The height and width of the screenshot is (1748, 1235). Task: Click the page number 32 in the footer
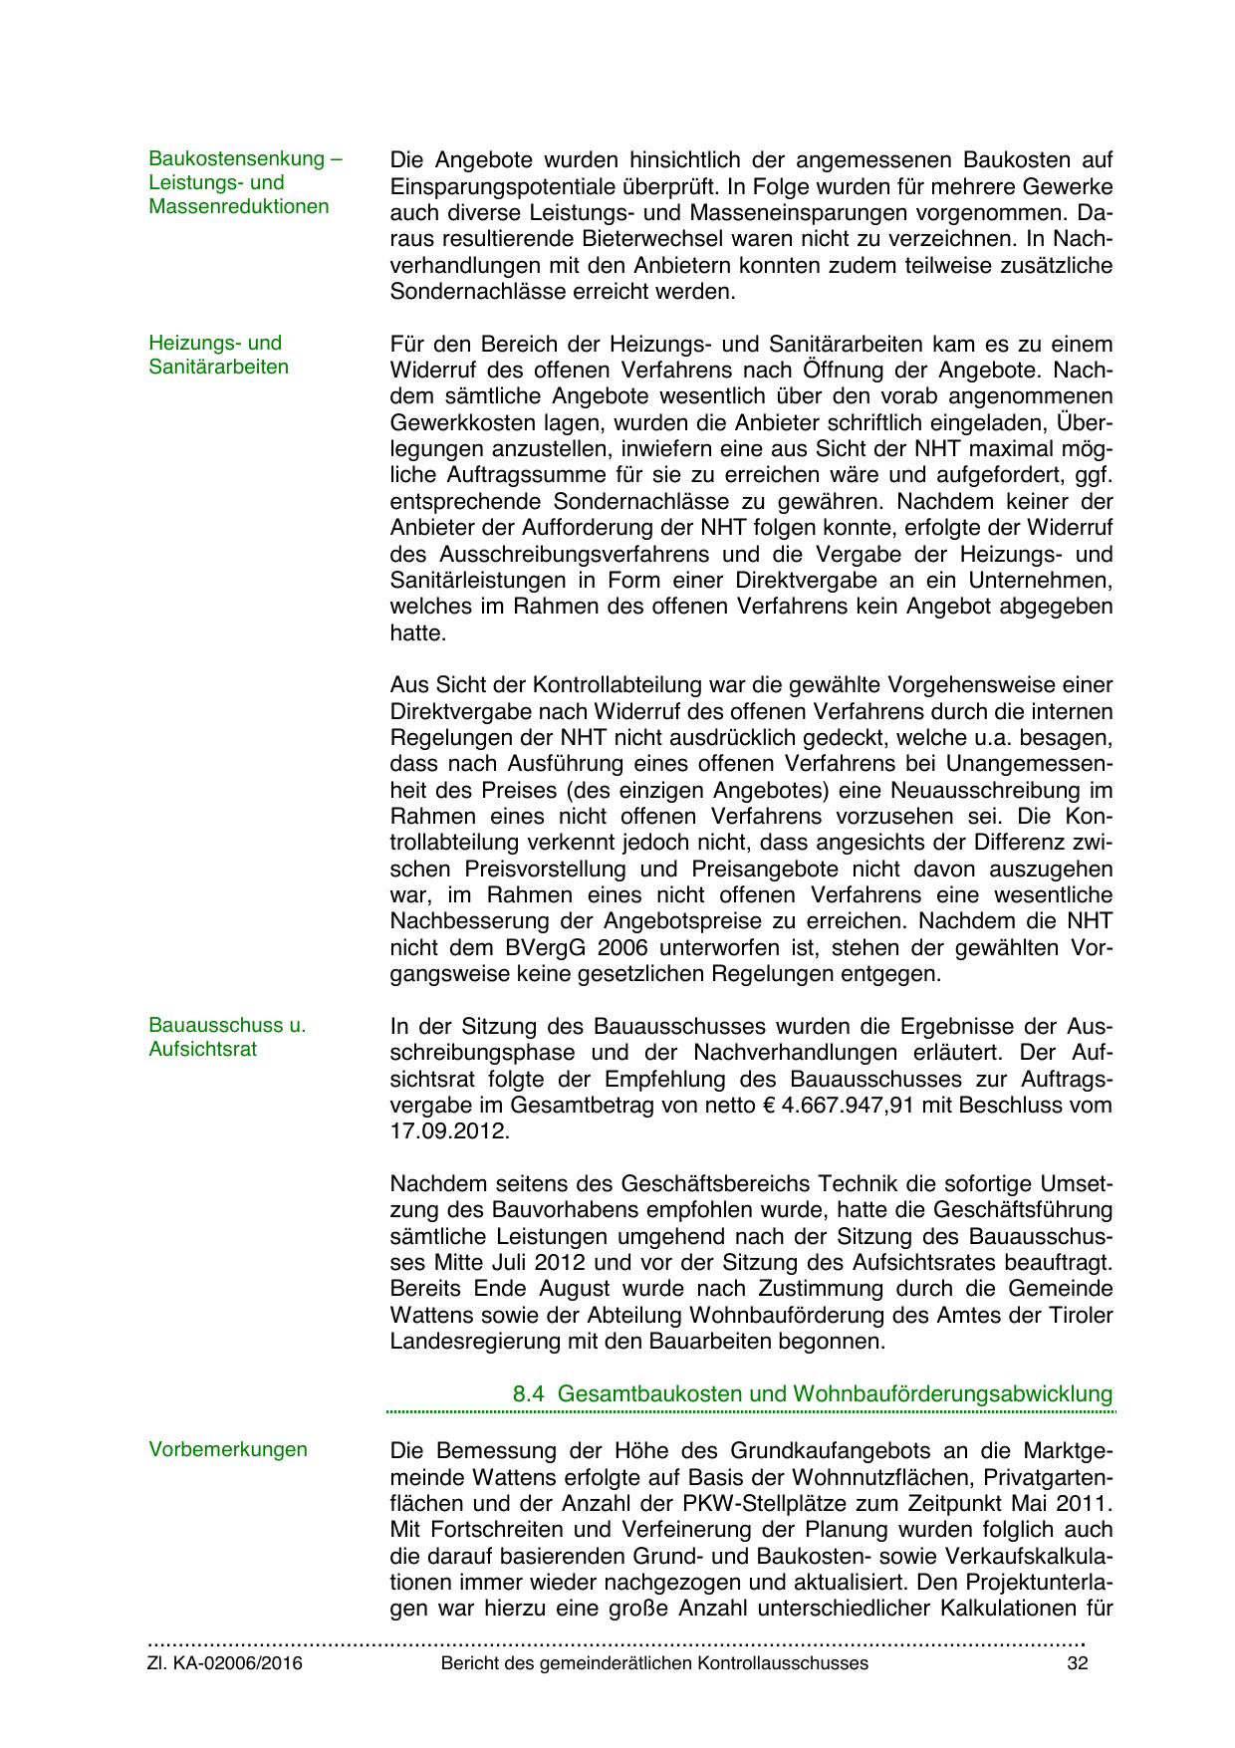click(x=1077, y=1691)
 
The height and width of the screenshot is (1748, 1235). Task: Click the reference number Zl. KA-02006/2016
click(x=225, y=1691)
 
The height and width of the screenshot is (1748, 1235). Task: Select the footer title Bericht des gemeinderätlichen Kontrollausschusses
click(x=654, y=1691)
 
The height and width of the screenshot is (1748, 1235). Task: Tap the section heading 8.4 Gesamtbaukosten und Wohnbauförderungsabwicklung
click(x=812, y=1393)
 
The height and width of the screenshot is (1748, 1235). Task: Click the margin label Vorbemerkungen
click(x=228, y=1449)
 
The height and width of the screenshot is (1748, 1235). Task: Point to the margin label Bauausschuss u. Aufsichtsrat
click(x=227, y=1037)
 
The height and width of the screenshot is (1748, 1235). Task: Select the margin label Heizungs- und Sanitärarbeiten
click(x=219, y=355)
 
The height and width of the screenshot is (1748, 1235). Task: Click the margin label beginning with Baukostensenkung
click(x=245, y=182)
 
